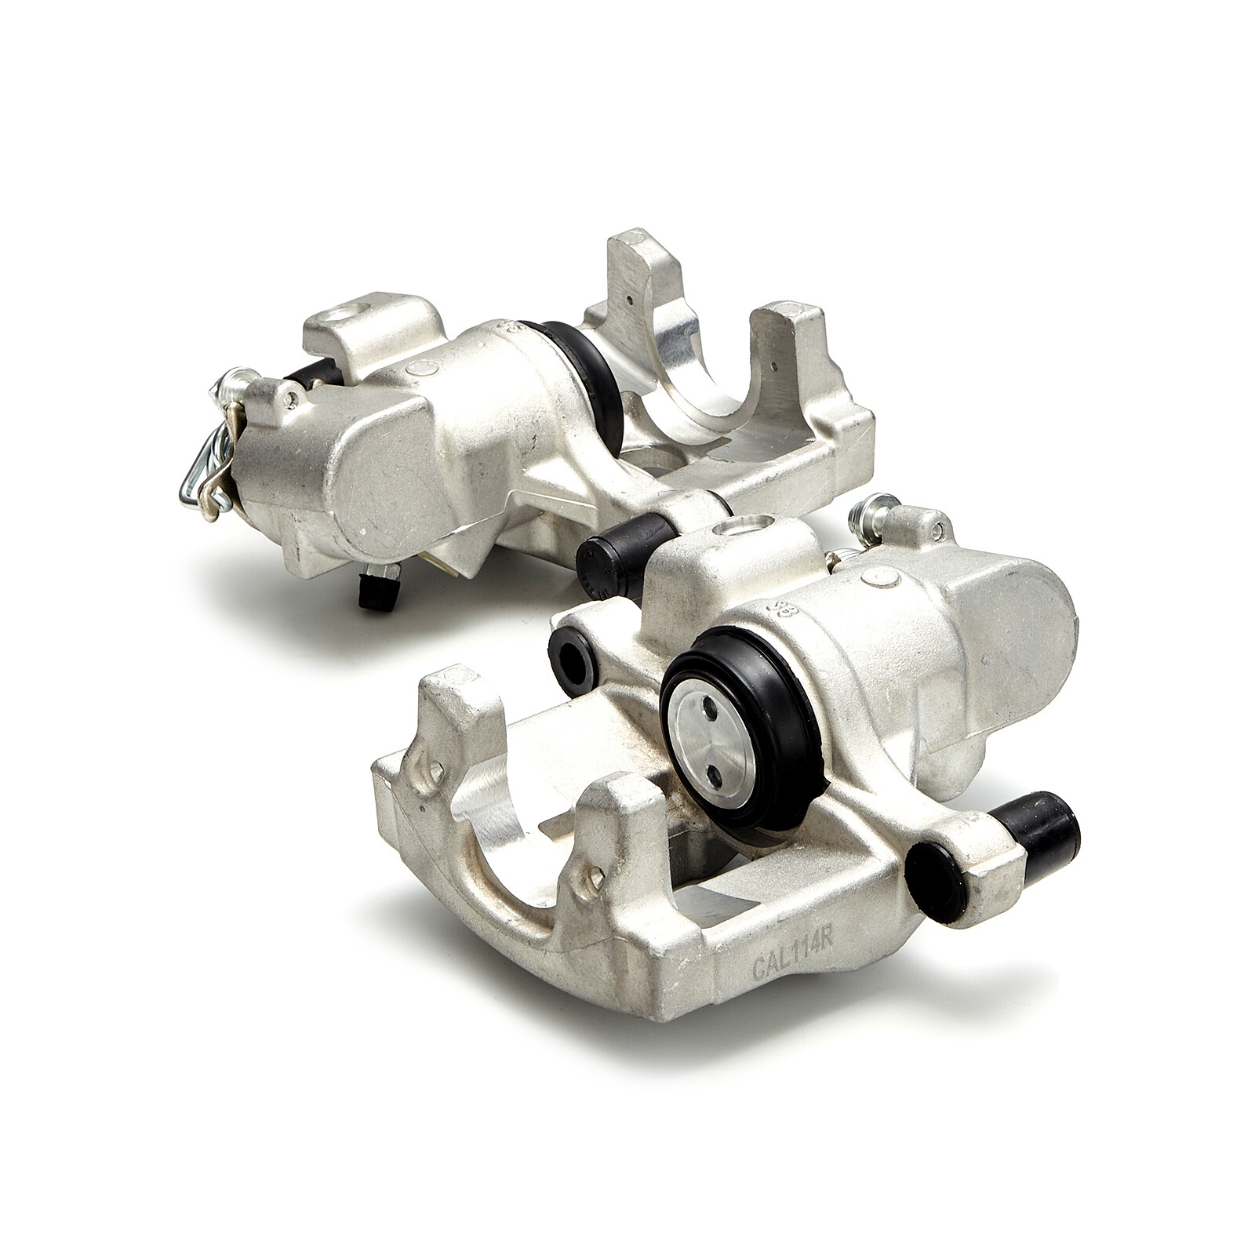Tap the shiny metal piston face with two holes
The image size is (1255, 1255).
[711, 750]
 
